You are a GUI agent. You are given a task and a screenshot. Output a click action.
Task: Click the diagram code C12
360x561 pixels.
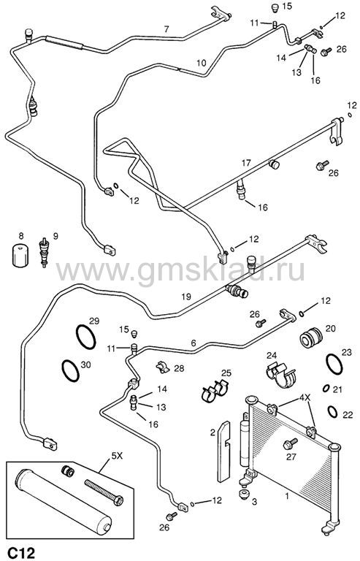[x=22, y=552]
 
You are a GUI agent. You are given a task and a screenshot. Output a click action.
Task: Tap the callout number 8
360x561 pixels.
[x=21, y=236]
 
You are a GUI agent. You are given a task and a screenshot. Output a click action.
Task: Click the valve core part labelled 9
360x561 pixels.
[x=44, y=252]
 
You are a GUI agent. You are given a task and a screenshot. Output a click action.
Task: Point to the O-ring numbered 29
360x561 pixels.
[x=85, y=337]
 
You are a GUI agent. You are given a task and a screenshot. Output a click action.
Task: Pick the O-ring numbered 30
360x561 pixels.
[x=70, y=370]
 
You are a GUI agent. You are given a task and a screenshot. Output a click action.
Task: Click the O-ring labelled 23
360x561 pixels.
[x=334, y=365]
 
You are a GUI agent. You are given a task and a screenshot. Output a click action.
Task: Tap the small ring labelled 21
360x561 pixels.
[x=326, y=389]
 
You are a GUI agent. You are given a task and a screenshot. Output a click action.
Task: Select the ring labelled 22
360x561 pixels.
[x=332, y=411]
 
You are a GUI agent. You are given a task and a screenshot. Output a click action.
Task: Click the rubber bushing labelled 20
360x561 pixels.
[x=310, y=337]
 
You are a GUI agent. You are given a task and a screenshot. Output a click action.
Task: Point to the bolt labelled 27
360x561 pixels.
[x=290, y=443]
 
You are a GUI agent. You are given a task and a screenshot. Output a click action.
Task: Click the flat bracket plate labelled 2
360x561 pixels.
[x=224, y=451]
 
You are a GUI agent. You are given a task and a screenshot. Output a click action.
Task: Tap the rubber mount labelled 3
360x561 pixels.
[x=244, y=496]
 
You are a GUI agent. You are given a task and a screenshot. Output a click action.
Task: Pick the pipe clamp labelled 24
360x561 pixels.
[x=281, y=374]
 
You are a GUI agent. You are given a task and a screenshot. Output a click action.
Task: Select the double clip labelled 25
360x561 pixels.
[x=215, y=391]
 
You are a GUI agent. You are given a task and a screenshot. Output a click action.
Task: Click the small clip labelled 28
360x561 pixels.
[x=163, y=367]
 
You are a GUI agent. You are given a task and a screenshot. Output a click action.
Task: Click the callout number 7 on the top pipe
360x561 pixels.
[x=166, y=29]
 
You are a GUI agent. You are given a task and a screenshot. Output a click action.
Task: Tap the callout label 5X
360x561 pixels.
[x=117, y=456]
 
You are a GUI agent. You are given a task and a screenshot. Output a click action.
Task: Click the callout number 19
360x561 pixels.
[x=186, y=297]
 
